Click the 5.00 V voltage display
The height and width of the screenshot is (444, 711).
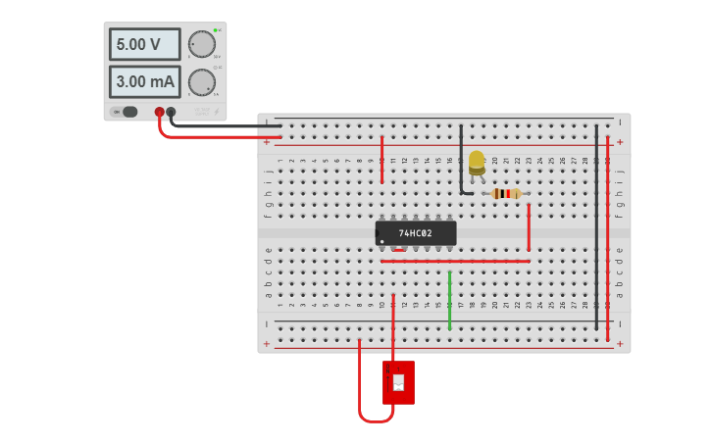click(144, 44)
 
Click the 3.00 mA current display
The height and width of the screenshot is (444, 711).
click(144, 82)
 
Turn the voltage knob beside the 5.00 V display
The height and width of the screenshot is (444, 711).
click(201, 44)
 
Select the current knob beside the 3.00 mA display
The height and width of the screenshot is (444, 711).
click(201, 82)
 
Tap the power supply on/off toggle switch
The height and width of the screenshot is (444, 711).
click(127, 112)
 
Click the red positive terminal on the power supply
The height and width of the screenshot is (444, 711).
click(159, 112)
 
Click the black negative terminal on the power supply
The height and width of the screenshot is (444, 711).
click(172, 112)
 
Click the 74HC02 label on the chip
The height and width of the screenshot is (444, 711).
click(416, 233)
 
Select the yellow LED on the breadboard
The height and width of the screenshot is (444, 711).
click(477, 163)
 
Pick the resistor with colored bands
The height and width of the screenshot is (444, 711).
click(506, 193)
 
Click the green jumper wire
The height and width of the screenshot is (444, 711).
click(449, 301)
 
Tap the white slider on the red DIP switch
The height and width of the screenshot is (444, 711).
click(398, 382)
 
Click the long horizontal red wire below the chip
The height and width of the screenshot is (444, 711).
click(455, 261)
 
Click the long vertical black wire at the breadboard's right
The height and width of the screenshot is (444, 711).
click(595, 225)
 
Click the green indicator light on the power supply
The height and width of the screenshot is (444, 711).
click(215, 30)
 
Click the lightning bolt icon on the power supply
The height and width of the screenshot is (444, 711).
click(217, 112)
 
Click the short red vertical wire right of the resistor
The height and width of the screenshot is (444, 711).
click(529, 227)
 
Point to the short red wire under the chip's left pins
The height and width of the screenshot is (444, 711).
click(398, 250)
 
